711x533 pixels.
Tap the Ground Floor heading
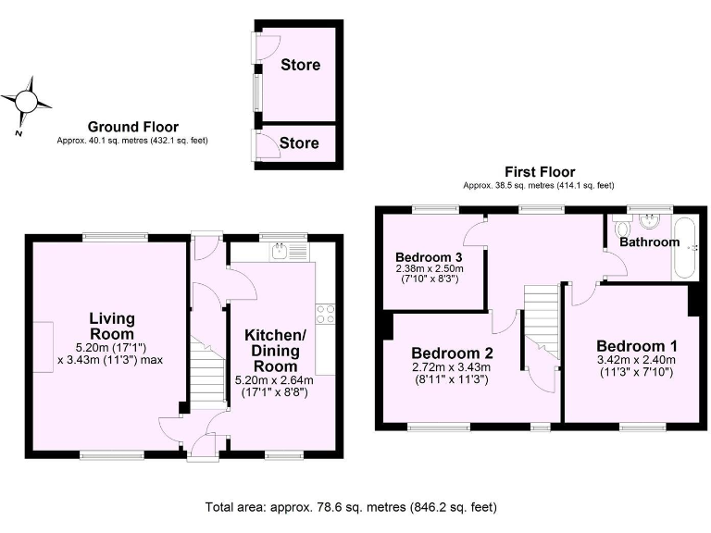[x=133, y=127]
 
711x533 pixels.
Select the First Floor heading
[x=539, y=171]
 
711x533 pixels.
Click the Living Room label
[x=112, y=326]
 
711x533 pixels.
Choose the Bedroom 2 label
[x=452, y=353]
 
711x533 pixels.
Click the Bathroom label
[x=649, y=242]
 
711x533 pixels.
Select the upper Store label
[x=300, y=65]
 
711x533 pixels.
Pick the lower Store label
[x=299, y=143]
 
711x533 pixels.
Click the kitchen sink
[x=281, y=250]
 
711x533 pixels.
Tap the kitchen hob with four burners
[x=325, y=314]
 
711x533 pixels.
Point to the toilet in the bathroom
[x=620, y=228]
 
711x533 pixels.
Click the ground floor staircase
[x=209, y=371]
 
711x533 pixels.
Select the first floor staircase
[x=539, y=318]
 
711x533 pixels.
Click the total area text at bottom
[x=351, y=507]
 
